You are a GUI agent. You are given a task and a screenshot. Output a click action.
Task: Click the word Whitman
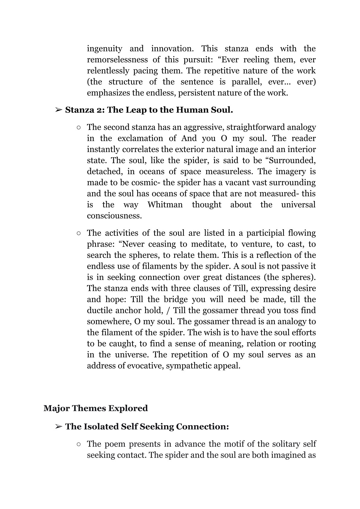pyautogui.click(x=165, y=205)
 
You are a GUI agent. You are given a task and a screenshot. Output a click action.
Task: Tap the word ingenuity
pyautogui.click(x=104, y=49)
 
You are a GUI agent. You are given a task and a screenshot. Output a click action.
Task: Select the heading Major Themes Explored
pyautogui.click(x=96, y=408)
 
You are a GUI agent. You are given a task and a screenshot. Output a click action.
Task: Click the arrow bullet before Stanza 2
pyautogui.click(x=59, y=110)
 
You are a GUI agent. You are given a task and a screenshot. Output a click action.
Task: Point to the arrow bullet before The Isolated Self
pyautogui.click(x=59, y=426)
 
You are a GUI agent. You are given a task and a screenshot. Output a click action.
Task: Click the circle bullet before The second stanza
pyautogui.click(x=79, y=128)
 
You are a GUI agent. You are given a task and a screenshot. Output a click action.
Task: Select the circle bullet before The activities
pyautogui.click(x=79, y=233)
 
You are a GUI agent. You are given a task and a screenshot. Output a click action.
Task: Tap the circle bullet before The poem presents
pyautogui.click(x=79, y=444)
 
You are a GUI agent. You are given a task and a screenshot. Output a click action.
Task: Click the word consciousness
pyautogui.click(x=114, y=216)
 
